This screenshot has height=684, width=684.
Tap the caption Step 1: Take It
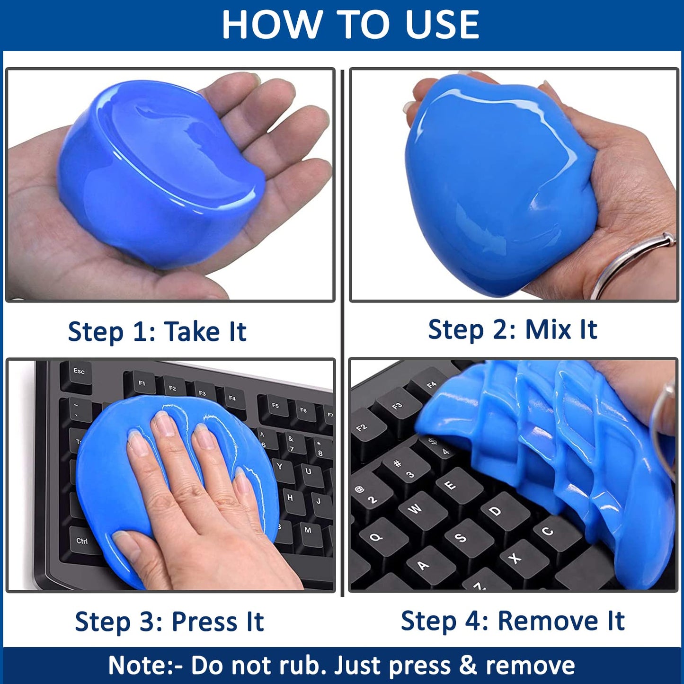(157, 331)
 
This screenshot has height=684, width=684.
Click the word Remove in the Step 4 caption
(548, 621)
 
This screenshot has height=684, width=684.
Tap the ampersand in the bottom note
(468, 665)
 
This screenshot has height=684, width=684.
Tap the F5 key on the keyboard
(275, 406)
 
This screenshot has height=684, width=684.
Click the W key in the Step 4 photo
(415, 509)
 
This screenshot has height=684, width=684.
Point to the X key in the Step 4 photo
(515, 559)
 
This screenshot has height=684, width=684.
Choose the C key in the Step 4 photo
(547, 531)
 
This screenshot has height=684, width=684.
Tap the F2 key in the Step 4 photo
(362, 428)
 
